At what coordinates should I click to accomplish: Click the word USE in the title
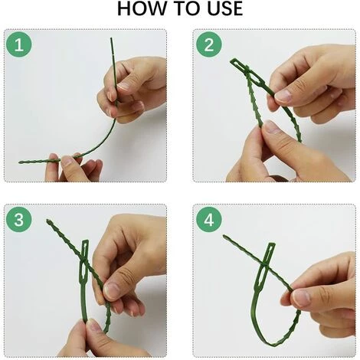[x=224, y=8]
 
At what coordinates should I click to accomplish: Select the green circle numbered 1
[x=19, y=44]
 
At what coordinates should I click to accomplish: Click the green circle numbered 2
[x=209, y=44]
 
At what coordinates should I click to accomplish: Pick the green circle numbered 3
[x=19, y=219]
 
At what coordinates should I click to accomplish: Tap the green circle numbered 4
[x=209, y=219]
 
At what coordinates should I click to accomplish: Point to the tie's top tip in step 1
[x=111, y=38]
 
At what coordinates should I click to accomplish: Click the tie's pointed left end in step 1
[x=20, y=162]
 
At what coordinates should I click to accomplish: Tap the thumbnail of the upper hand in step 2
[x=283, y=96]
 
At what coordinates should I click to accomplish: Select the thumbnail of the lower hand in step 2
[x=272, y=127]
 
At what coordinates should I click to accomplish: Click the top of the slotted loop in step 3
[x=85, y=241]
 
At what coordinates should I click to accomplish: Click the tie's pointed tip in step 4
[x=224, y=236]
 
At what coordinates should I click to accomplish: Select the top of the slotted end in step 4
[x=271, y=244]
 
